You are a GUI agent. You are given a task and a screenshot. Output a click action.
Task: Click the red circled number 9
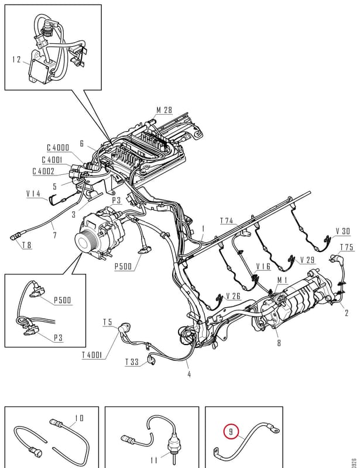click(x=231, y=432)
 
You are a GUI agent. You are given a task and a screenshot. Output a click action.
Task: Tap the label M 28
click(x=164, y=110)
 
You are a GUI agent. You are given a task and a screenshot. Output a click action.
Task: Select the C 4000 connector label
click(x=58, y=148)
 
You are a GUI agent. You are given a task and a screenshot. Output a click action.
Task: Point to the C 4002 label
click(x=44, y=171)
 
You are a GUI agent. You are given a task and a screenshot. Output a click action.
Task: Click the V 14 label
click(x=33, y=194)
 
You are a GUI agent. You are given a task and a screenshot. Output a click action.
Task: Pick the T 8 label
click(x=26, y=245)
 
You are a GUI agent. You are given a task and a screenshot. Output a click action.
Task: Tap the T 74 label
click(x=227, y=221)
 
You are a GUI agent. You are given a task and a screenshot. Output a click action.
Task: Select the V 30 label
click(x=342, y=231)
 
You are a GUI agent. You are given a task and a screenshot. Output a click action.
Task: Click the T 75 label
click(x=347, y=247)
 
